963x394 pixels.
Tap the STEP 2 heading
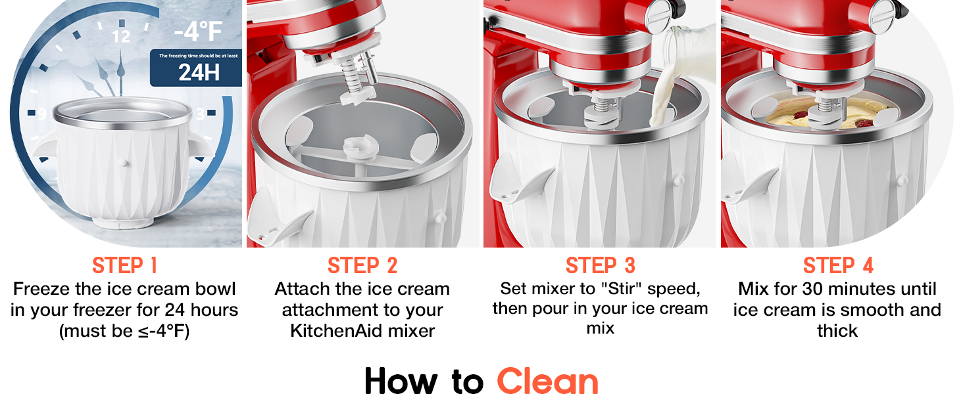(x=362, y=266)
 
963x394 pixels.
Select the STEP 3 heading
(x=600, y=266)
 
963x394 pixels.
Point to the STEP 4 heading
(x=837, y=266)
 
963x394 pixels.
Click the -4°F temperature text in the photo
(x=197, y=32)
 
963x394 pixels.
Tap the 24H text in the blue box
(x=199, y=72)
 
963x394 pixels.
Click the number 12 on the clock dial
(x=121, y=37)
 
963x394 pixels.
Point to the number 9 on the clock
(x=41, y=115)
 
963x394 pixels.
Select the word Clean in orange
(x=547, y=380)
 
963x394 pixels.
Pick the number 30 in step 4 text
(x=813, y=288)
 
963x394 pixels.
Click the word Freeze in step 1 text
(x=42, y=288)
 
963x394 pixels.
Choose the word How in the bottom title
(x=401, y=380)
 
